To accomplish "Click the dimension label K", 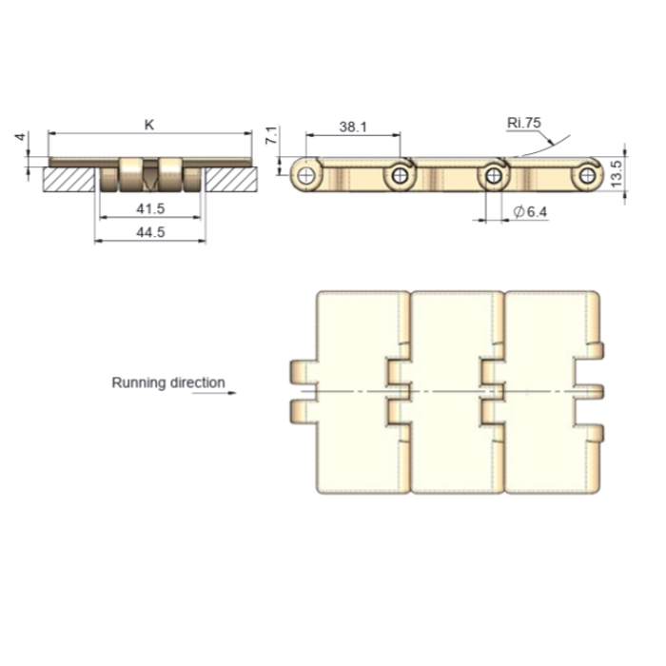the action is coord(149,125).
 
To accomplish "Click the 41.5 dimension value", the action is coord(150,208).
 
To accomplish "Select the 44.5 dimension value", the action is coord(150,232).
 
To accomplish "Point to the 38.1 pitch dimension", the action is coord(353,127).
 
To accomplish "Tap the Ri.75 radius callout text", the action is coord(524,123).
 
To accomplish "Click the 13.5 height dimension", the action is coord(617,173).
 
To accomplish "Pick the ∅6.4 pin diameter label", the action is coord(531,211).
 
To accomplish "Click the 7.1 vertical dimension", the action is coord(272,135).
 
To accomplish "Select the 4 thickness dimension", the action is coord(20,137).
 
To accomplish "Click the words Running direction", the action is coord(168,382).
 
